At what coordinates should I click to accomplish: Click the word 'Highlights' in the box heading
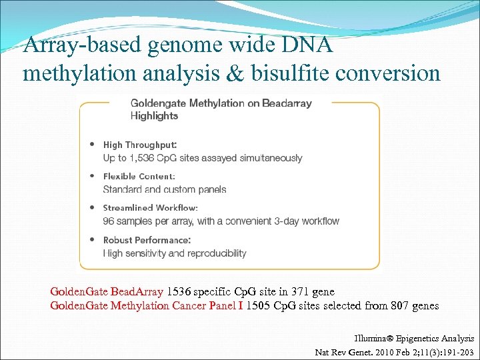pos(154,116)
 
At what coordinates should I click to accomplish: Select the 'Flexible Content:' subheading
pos(139,177)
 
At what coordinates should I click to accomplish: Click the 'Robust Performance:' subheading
pos(147,240)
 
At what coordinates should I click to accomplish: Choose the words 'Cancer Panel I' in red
pos(209,305)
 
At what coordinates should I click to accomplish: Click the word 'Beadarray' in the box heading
pos(288,103)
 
